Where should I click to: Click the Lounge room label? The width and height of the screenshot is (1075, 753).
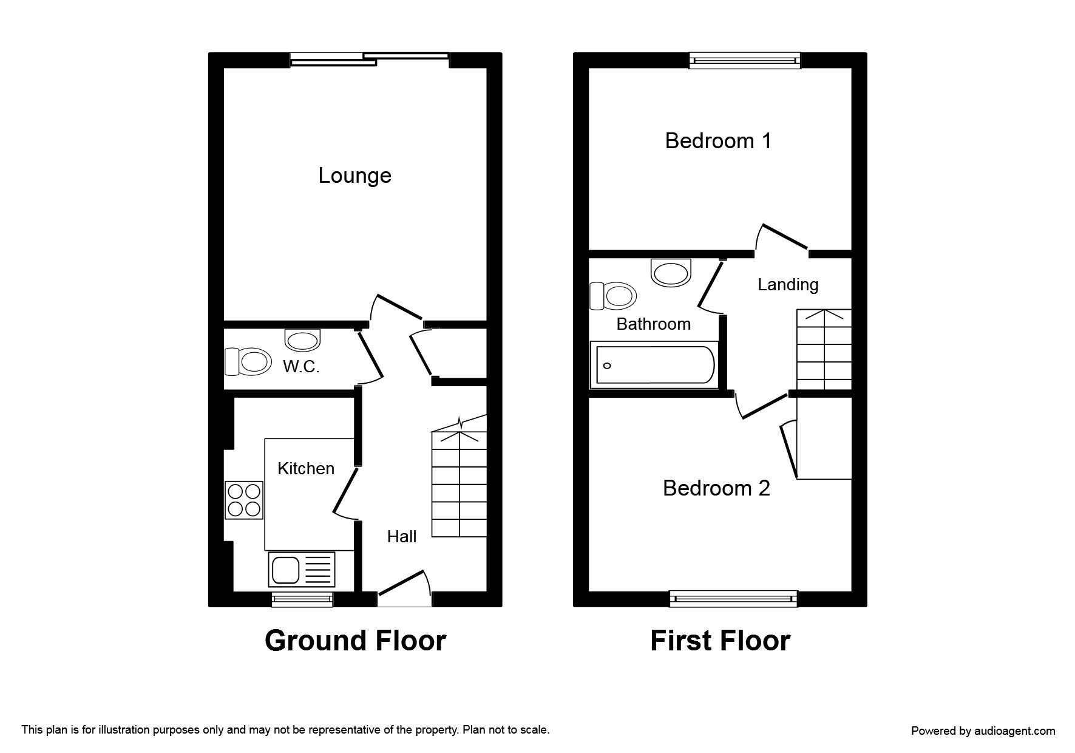click(x=355, y=176)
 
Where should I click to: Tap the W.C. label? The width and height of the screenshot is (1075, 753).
click(x=301, y=367)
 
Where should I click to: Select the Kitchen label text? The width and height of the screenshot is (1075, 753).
click(x=306, y=468)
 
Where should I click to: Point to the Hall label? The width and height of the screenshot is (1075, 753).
click(x=402, y=536)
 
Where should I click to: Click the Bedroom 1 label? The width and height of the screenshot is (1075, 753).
click(x=718, y=141)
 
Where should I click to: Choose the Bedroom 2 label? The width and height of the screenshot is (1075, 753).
click(x=716, y=488)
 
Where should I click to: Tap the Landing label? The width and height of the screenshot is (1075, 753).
click(x=788, y=285)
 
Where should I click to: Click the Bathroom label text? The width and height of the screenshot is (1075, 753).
click(x=653, y=324)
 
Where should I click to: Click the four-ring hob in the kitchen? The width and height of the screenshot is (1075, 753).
click(x=244, y=500)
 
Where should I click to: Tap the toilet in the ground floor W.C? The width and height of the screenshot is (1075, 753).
click(x=248, y=362)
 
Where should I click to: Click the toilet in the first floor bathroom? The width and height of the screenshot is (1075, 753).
click(x=613, y=296)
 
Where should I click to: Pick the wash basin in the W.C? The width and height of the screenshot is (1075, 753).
click(x=302, y=339)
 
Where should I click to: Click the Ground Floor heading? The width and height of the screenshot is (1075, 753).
click(x=355, y=641)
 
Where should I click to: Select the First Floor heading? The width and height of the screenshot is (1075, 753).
click(x=720, y=641)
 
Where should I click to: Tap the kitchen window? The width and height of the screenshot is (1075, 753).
click(x=302, y=599)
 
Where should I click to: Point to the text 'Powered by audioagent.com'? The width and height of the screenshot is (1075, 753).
click(x=983, y=731)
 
